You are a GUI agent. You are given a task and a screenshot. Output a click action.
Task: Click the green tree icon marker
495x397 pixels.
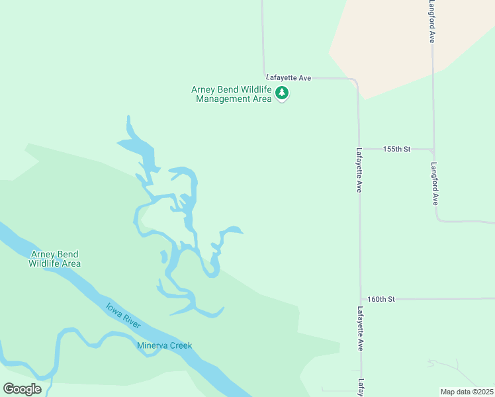(283, 93)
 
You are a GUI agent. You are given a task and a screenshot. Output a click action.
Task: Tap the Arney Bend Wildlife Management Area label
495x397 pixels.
(232, 94)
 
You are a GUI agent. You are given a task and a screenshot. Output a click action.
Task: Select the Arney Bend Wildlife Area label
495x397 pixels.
(54, 259)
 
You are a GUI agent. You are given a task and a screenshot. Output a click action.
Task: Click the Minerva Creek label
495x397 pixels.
(164, 345)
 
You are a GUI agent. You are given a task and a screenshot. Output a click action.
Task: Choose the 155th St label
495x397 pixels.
(397, 150)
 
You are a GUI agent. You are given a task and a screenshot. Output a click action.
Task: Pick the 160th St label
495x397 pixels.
(381, 299)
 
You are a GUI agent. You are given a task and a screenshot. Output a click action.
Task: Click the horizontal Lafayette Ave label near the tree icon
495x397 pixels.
(289, 78)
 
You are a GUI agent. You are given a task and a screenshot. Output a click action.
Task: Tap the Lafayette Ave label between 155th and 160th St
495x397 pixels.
(359, 169)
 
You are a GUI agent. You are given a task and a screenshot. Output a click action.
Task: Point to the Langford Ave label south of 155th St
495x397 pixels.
(435, 183)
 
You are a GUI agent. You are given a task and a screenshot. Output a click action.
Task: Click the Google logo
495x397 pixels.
(22, 389)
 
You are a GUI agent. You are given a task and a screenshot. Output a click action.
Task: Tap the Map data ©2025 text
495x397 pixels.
(466, 392)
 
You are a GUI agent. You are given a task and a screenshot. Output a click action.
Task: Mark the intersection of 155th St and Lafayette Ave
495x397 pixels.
(359, 150)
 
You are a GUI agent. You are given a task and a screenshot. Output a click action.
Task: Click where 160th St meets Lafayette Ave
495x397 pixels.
(361, 299)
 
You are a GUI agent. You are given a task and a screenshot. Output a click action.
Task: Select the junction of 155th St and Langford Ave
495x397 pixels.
(433, 150)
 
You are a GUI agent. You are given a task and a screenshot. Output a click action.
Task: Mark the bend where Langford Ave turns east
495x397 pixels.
(438, 220)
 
